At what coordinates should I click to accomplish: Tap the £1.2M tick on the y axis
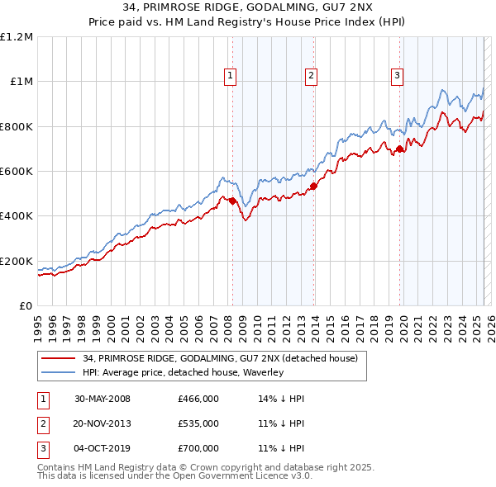tap(17, 37)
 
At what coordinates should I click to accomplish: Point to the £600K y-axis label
tap(17, 172)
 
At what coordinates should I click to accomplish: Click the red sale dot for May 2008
tap(233, 201)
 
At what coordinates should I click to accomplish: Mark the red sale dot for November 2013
tap(314, 186)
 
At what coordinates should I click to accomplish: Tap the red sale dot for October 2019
tap(400, 149)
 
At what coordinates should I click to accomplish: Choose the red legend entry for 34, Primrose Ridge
tap(220, 359)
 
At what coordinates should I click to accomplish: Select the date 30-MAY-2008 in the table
tap(102, 399)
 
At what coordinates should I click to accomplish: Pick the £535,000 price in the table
tap(198, 423)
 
